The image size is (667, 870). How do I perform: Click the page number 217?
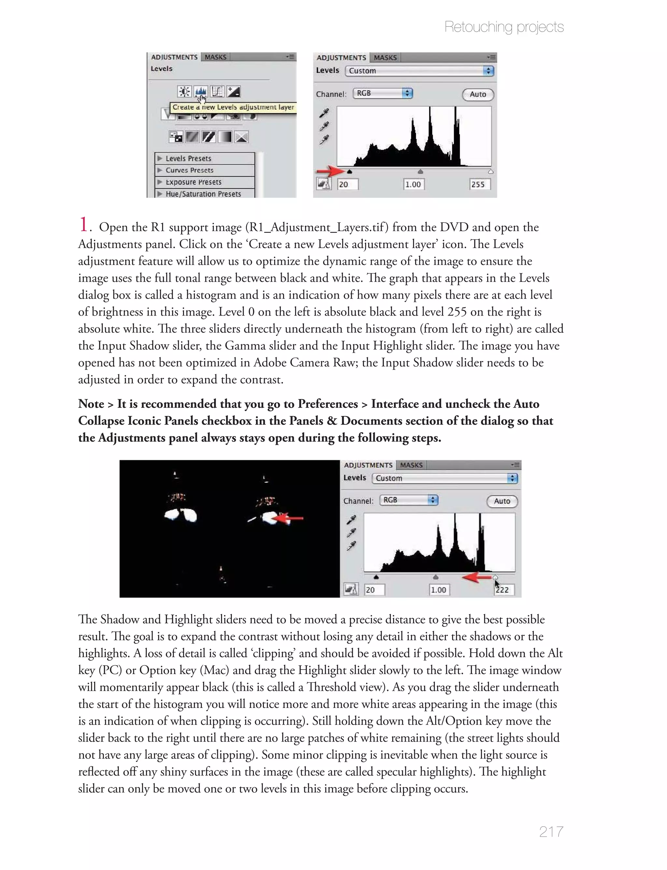[551, 831]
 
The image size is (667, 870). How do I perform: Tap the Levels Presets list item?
[188, 158]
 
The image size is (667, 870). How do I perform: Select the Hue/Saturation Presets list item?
[203, 194]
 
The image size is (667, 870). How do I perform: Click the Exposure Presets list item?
[193, 182]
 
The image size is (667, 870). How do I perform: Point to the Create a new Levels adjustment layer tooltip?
[233, 107]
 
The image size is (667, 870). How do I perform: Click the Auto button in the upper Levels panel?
[478, 95]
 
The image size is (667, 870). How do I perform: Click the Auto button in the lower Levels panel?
[502, 501]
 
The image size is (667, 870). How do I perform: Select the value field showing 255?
[479, 184]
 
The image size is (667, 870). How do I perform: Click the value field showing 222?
[504, 590]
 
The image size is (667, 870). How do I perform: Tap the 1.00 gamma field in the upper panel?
[413, 184]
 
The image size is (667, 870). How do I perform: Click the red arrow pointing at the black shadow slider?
[330, 171]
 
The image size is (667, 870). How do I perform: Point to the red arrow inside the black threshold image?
[290, 518]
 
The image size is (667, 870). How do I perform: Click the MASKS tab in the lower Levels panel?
[411, 465]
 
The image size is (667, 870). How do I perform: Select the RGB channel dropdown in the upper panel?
[382, 93]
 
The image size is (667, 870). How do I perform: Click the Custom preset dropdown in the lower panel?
[444, 478]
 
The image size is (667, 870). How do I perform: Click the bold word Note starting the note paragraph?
[91, 404]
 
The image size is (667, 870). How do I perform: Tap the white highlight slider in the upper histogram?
[490, 171]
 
